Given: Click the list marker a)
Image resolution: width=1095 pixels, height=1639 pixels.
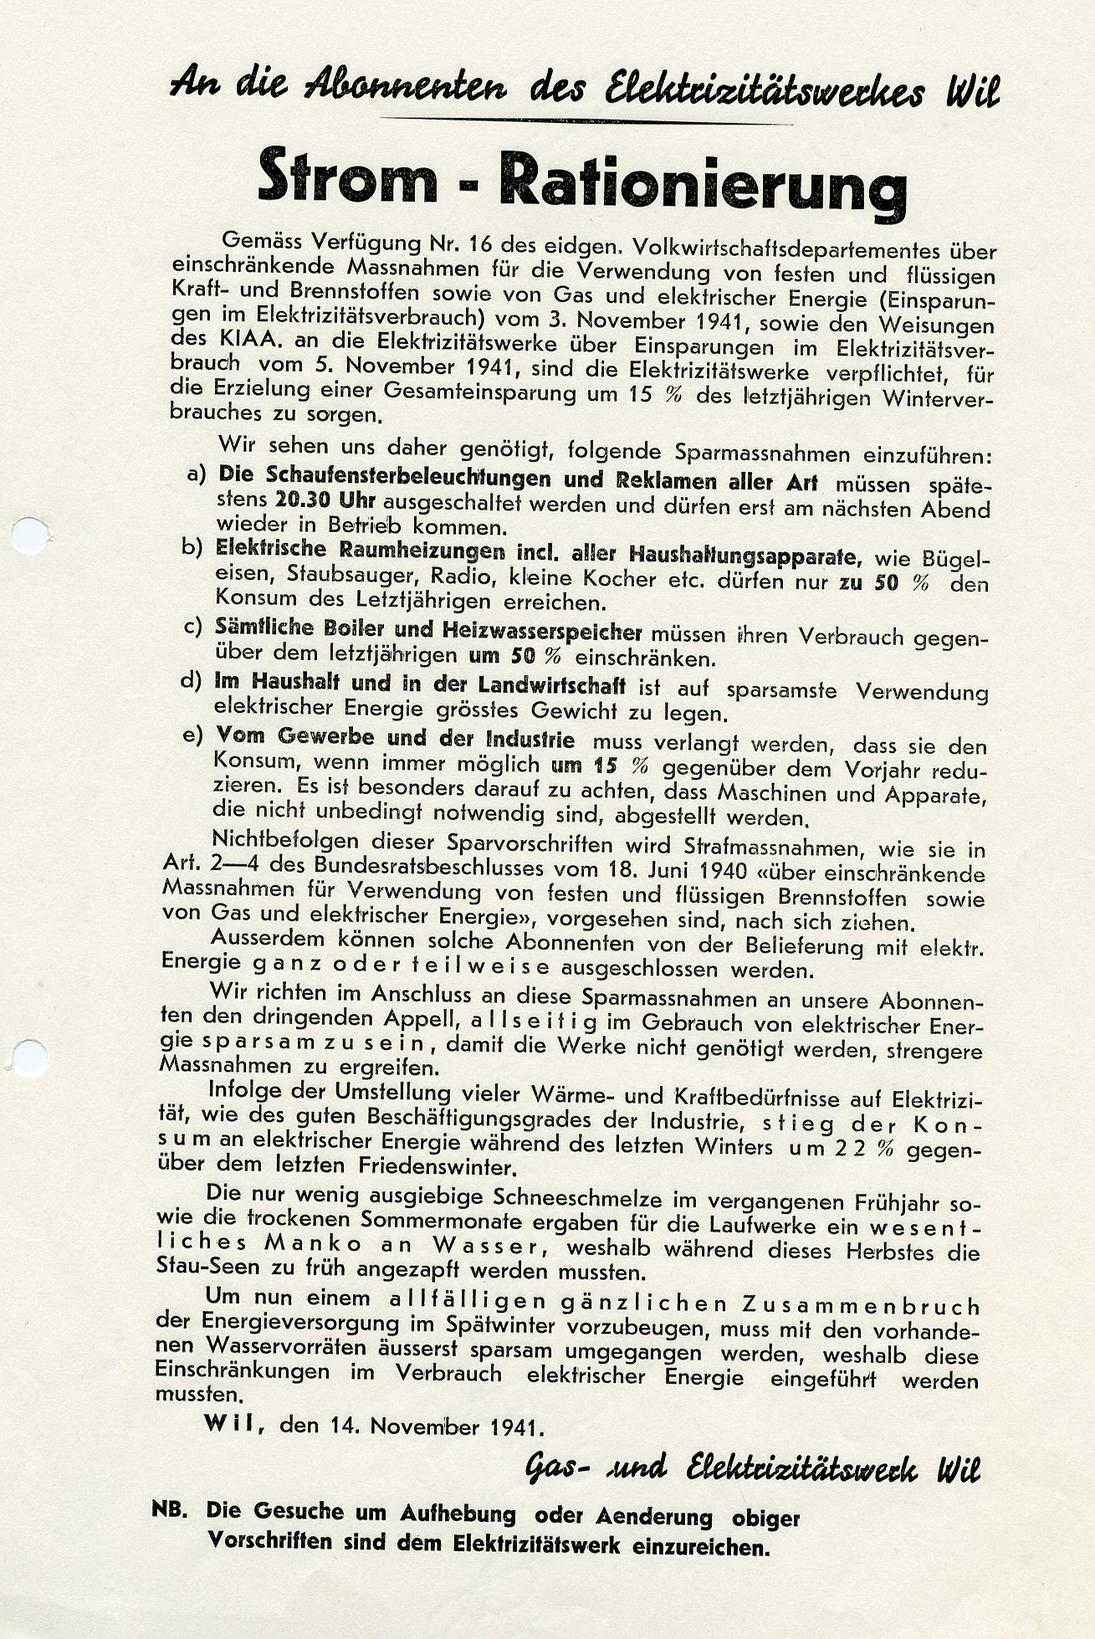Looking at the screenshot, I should [x=197, y=474].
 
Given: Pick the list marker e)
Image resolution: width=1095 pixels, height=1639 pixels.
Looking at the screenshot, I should [x=193, y=735].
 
